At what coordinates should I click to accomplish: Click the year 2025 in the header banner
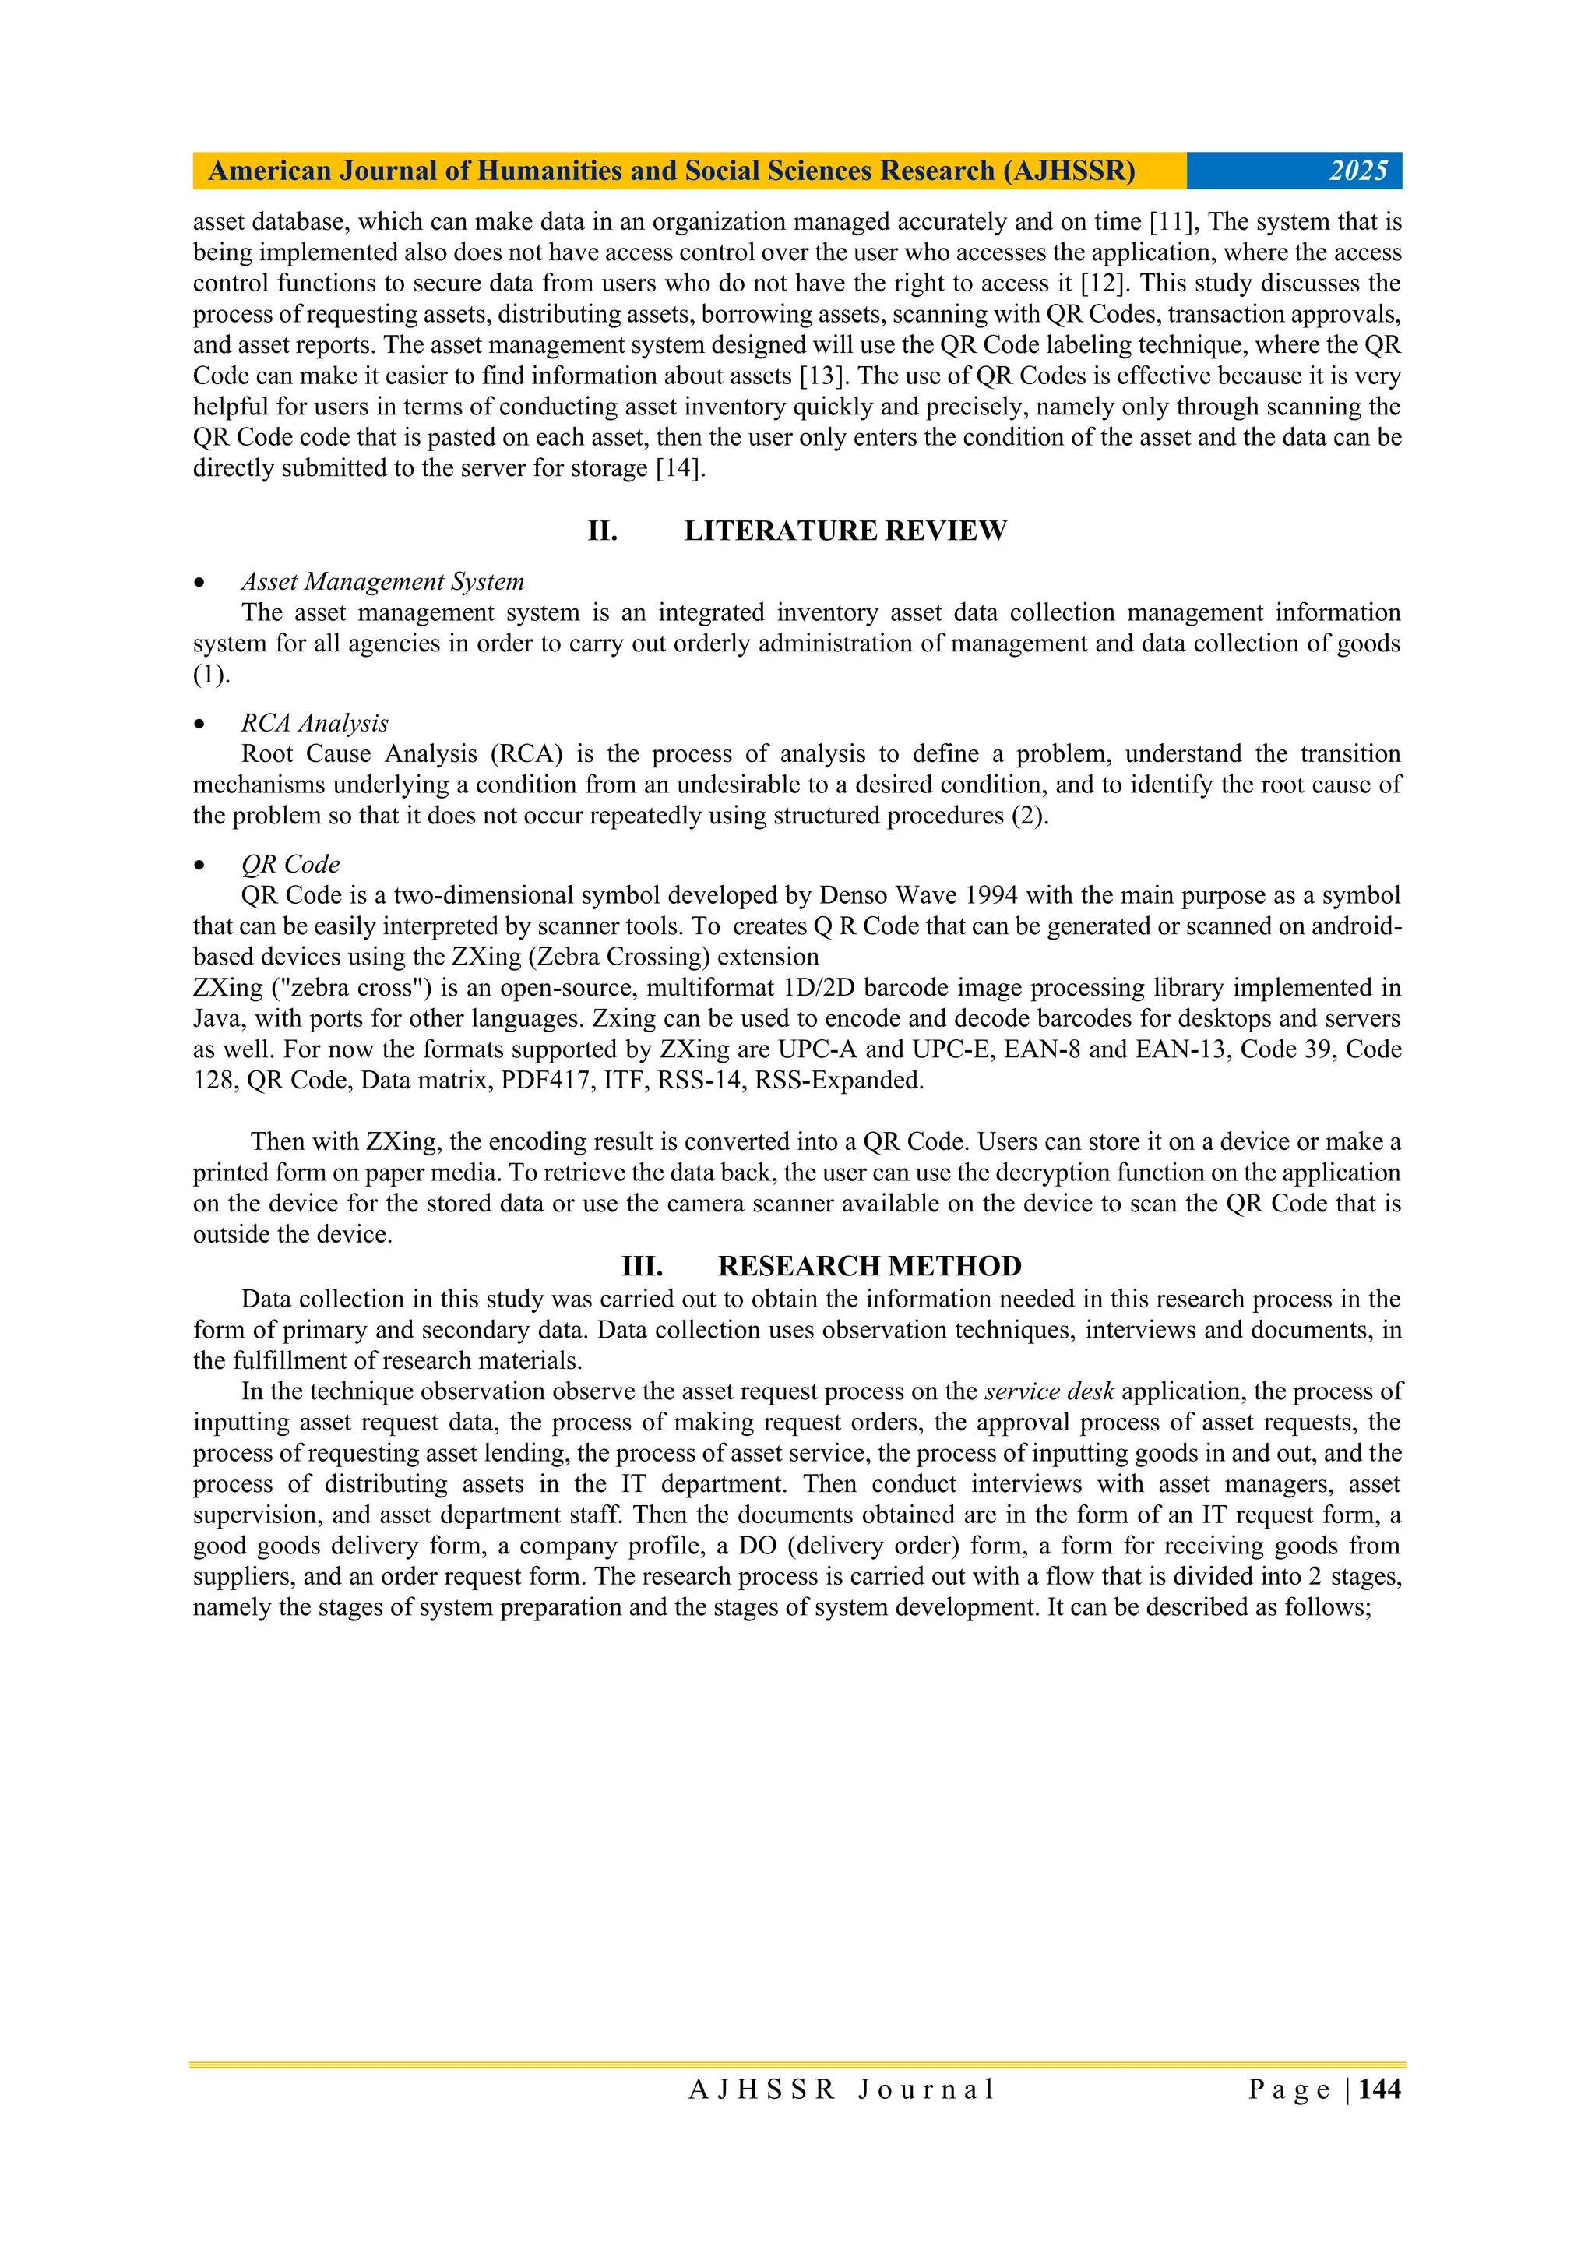point(1357,171)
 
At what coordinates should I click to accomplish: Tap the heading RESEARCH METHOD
point(870,1266)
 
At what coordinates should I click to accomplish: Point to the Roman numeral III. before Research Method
point(642,1266)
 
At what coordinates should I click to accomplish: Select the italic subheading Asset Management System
point(382,582)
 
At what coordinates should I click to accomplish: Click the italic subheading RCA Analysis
point(315,724)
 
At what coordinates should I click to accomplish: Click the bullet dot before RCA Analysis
point(200,725)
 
